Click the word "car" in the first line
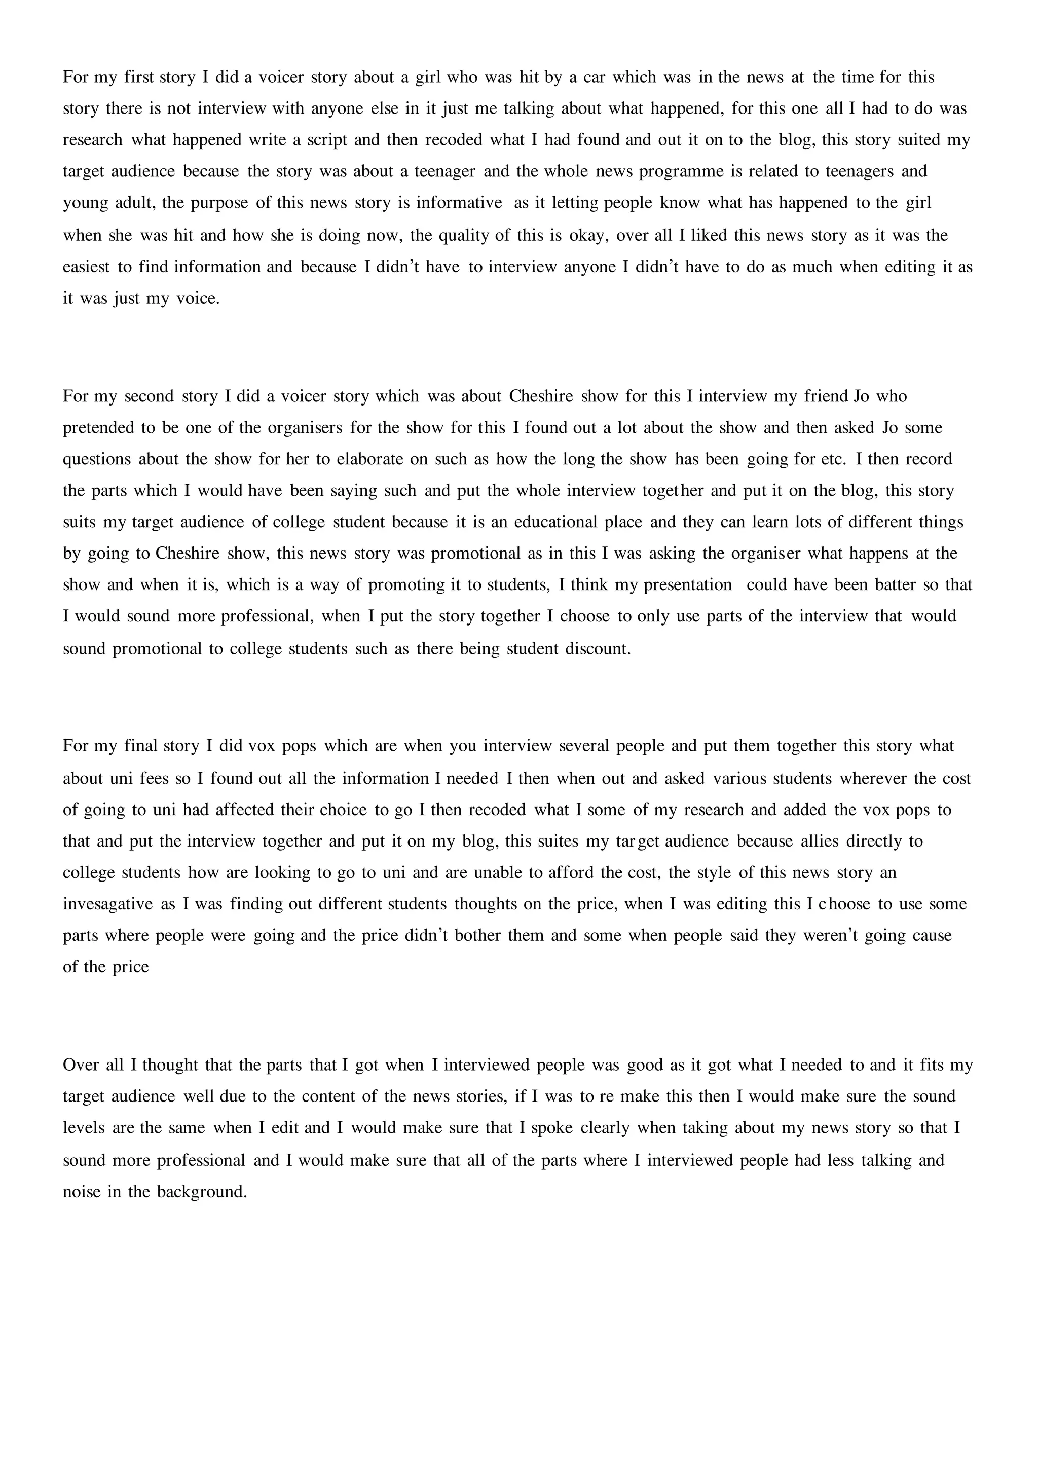[594, 78]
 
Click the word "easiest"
[86, 267]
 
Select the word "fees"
[154, 778]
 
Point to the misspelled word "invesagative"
[108, 904]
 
